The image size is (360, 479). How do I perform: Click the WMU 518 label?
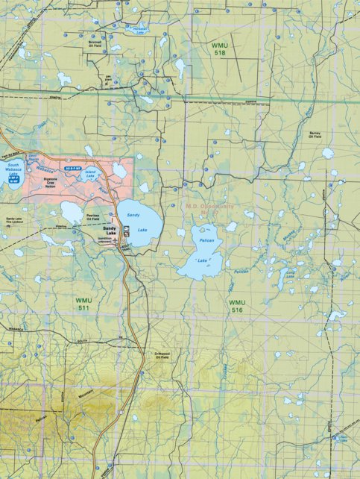point(222,50)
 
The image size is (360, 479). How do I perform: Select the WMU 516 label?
point(236,305)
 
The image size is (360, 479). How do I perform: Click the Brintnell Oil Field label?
point(95,44)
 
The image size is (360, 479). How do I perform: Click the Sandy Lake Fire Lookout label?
point(13,220)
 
